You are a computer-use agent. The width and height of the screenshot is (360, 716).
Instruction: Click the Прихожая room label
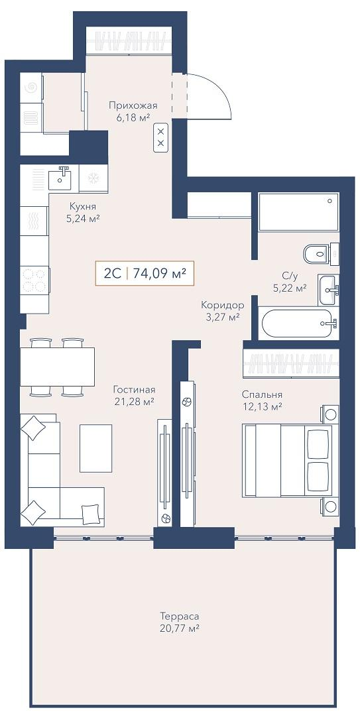tap(133, 105)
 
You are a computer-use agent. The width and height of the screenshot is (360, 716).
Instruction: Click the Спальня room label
tap(263, 394)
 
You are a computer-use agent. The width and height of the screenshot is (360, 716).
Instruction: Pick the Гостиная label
tap(135, 390)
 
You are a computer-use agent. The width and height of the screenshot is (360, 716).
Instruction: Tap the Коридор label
tap(223, 305)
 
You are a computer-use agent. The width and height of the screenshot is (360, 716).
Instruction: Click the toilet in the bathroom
tap(321, 253)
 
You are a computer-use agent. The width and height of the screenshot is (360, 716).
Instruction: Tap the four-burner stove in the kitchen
tap(34, 280)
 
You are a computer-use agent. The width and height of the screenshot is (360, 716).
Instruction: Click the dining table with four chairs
tap(57, 367)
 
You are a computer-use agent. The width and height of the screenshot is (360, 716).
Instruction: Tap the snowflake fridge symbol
tap(93, 178)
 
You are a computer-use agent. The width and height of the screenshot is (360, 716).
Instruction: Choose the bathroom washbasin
tap(328, 290)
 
